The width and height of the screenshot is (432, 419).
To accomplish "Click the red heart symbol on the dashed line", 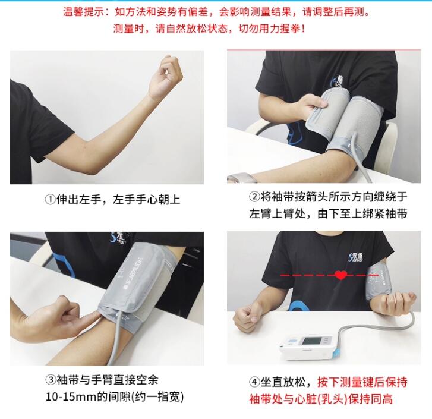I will tap(341, 276).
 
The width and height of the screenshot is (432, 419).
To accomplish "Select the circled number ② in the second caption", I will tap(255, 197).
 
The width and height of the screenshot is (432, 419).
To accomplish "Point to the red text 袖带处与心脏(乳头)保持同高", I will tap(320, 398).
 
